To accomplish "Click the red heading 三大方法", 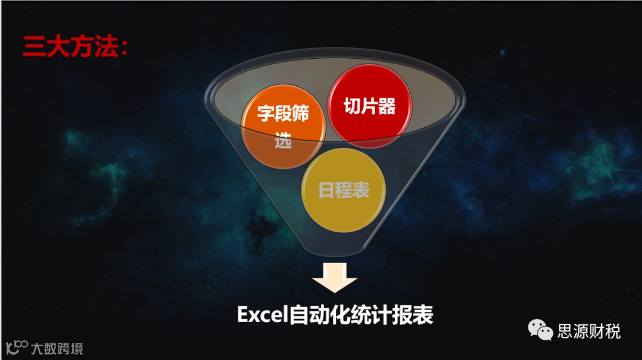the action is tap(70, 47).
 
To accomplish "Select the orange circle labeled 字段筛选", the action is tap(284, 127).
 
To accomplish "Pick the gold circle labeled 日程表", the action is tap(344, 190).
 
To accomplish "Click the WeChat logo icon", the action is tap(541, 330).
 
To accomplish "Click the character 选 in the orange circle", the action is tap(284, 142).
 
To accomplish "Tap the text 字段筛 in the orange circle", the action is tap(284, 113).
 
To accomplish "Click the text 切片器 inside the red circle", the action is tap(369, 106).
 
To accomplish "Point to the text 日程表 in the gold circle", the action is tap(344, 190).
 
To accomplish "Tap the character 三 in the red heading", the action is tap(34, 47).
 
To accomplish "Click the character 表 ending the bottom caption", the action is tap(423, 315).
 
